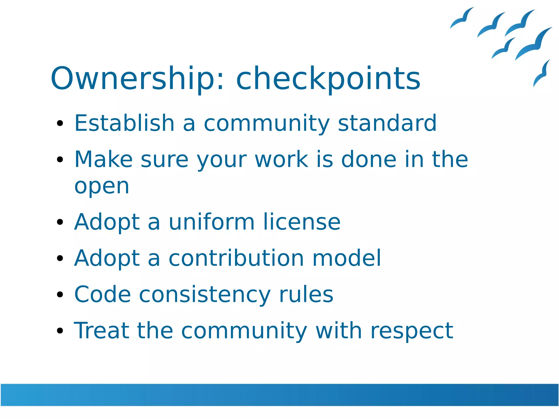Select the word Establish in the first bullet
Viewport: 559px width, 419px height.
point(124,123)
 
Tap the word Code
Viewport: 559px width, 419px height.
point(102,295)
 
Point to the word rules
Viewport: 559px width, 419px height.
point(306,295)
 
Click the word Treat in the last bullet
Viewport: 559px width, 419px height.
point(101,331)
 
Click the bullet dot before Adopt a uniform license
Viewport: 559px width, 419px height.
point(60,222)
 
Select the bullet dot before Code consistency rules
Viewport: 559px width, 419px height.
point(60,295)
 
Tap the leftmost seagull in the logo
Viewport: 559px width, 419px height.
point(461,19)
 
